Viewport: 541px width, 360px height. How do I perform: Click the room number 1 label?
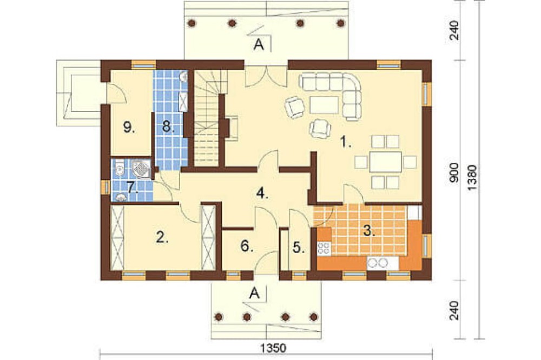tap(346, 142)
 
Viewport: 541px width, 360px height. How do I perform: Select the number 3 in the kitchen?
tap(368, 230)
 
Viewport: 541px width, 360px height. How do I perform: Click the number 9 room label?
tap(129, 128)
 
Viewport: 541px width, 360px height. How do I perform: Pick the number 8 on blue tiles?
tap(168, 127)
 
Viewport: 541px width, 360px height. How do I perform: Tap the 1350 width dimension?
tap(273, 348)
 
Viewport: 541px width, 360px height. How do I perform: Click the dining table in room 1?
tap(385, 162)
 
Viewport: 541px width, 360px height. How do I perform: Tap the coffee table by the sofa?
tap(324, 105)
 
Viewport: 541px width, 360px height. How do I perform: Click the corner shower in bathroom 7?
tap(141, 169)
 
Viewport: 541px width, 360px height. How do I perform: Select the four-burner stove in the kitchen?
tap(324, 248)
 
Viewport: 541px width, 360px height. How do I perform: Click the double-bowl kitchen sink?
tap(378, 263)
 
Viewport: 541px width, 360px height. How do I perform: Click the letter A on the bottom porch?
tap(254, 293)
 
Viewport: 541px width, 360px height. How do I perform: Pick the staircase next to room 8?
tap(207, 118)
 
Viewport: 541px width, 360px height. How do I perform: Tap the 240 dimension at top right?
tap(455, 30)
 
